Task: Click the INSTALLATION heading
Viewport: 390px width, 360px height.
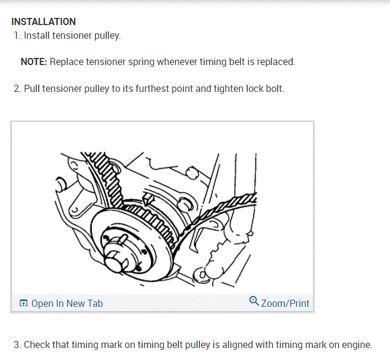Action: pos(44,22)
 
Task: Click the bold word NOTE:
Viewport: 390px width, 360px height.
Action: pos(34,62)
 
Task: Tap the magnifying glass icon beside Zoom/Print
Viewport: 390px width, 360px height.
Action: pos(254,300)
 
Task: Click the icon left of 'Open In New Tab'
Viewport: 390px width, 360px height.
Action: pos(23,303)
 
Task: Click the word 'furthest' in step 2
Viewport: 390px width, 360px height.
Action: pos(152,89)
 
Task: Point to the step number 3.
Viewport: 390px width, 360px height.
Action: pos(17,345)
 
